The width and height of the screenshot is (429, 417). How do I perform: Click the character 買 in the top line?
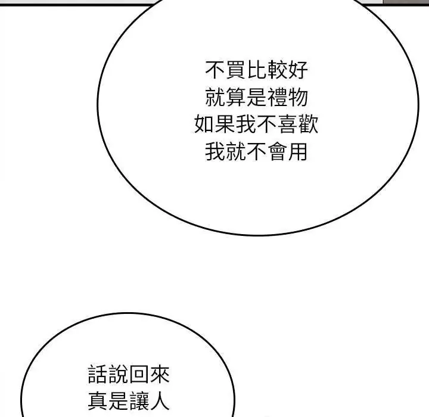[x=235, y=70]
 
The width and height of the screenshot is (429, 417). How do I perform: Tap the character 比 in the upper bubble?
[x=256, y=70]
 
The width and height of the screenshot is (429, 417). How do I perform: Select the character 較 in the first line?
[x=277, y=70]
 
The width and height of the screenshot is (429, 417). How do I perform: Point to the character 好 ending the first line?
[x=298, y=70]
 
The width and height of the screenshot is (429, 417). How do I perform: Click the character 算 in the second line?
[x=235, y=97]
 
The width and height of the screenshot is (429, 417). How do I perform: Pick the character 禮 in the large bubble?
[x=277, y=97]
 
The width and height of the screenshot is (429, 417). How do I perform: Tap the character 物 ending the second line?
[x=298, y=97]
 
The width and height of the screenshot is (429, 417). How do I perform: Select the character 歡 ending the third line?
[x=309, y=124]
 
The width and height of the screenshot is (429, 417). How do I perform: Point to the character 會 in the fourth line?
[x=277, y=151]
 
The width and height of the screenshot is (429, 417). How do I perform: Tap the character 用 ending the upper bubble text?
[x=298, y=151]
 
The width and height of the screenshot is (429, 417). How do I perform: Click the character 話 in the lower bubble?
[x=98, y=374]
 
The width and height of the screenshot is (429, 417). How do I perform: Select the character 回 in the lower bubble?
[x=139, y=374]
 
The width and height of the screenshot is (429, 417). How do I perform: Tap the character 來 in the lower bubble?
[x=160, y=374]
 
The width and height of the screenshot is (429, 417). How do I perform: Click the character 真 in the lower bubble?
[x=98, y=401]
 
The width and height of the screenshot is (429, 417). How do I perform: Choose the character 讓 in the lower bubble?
[x=139, y=401]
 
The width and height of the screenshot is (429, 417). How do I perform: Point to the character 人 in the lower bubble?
[x=160, y=401]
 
